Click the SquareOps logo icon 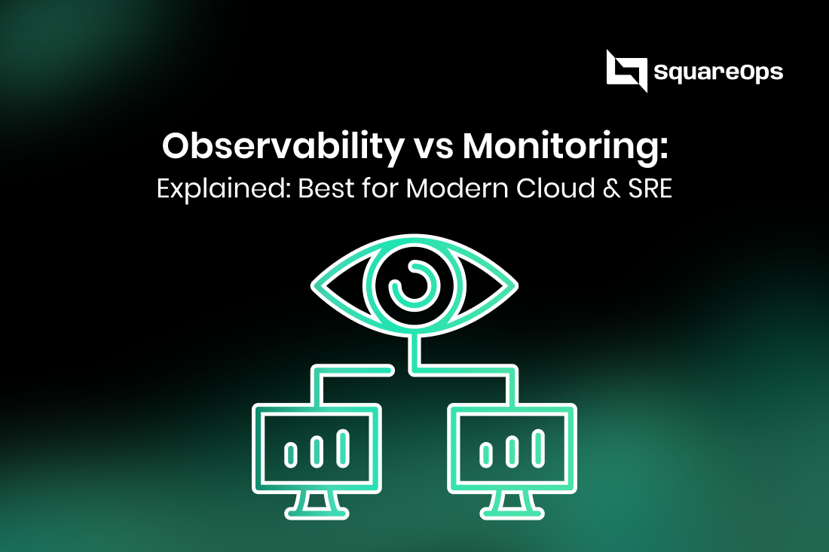coord(626,71)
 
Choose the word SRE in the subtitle coord(650,188)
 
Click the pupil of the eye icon coord(414,285)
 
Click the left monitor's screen coord(317,448)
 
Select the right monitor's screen coord(512,448)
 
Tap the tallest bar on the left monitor coord(344,447)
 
